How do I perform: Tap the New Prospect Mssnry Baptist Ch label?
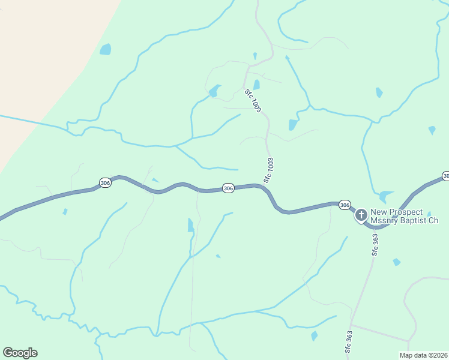tap(404, 216)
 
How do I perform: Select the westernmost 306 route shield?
tap(105, 182)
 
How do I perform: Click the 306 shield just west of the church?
tap(344, 205)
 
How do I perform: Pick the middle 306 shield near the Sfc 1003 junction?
tap(228, 188)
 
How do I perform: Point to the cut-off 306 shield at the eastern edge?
tap(445, 175)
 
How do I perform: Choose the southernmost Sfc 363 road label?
tap(348, 341)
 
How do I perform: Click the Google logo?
tap(20, 353)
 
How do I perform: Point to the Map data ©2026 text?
tap(423, 355)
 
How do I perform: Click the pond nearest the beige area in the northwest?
tap(106, 49)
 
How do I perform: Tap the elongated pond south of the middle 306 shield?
tap(191, 226)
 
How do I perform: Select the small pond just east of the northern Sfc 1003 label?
tap(257, 85)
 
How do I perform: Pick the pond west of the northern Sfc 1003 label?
tap(214, 91)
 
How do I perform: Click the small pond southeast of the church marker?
tap(396, 262)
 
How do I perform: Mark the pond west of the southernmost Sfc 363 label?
tap(315, 336)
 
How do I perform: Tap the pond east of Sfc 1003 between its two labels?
tap(293, 124)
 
